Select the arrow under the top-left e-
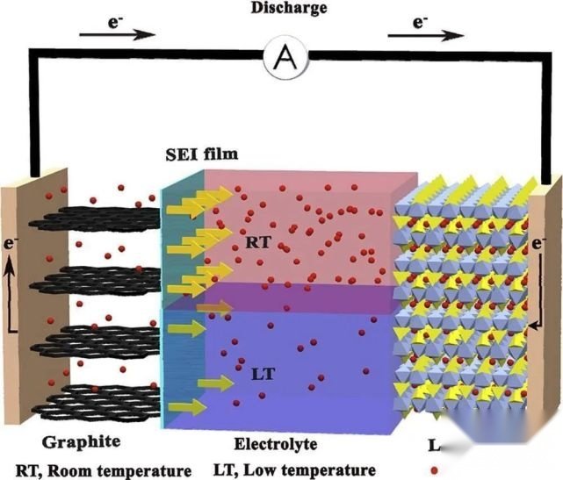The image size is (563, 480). (x=117, y=35)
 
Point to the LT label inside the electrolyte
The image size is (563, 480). (x=263, y=374)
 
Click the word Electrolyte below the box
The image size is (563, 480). (x=276, y=443)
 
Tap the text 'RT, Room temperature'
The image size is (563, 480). (x=103, y=469)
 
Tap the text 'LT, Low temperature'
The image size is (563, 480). (x=299, y=469)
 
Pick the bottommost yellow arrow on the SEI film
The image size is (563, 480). (x=182, y=406)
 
